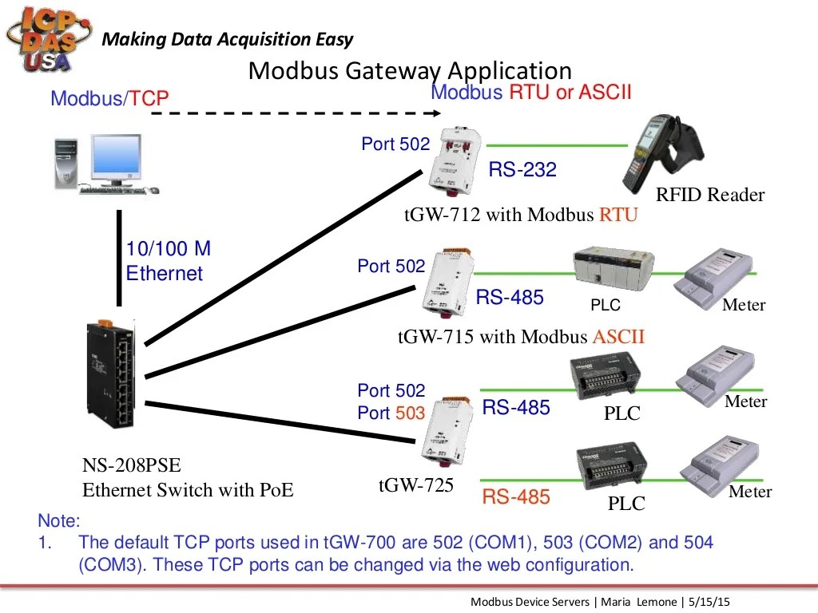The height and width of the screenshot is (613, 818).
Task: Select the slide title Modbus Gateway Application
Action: point(410,70)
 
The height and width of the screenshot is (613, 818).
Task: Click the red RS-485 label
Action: point(516,497)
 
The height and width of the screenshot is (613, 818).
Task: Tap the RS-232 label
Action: point(522,169)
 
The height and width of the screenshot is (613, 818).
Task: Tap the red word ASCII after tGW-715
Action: point(617,337)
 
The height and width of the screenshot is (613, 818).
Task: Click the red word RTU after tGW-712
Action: point(618,216)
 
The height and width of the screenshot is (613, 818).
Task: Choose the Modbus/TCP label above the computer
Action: point(109,98)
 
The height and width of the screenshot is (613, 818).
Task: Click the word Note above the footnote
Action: point(59,521)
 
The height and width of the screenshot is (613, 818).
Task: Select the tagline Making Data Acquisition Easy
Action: point(228,39)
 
